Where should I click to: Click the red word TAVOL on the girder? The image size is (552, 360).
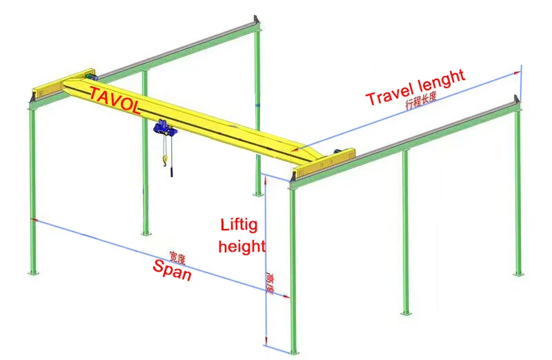(115, 100)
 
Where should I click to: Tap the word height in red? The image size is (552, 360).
(241, 245)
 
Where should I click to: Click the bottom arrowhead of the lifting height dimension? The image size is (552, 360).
(265, 343)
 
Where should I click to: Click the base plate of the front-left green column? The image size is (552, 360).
(31, 273)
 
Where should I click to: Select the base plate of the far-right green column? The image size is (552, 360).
(517, 274)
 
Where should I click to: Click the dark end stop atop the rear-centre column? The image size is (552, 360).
(257, 20)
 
